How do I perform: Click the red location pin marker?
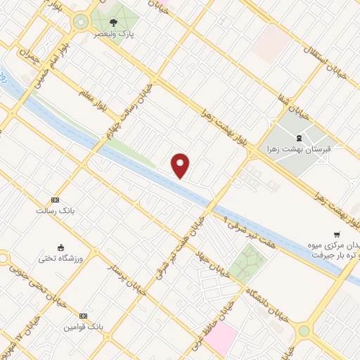tap(181, 165)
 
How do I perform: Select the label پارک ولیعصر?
tap(115, 33)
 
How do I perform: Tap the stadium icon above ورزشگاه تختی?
tap(60, 247)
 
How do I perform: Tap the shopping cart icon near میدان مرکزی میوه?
tap(337, 234)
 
